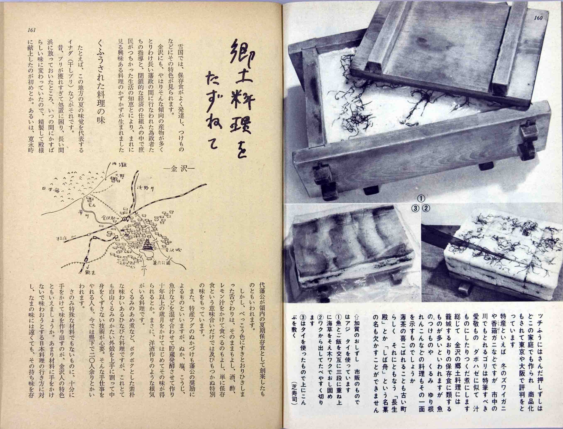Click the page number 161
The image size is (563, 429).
point(31,30)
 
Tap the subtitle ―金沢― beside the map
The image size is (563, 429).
point(175,169)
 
